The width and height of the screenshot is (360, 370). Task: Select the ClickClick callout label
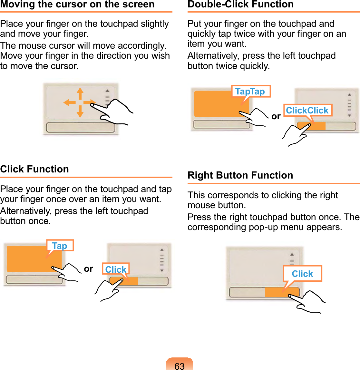click(308, 111)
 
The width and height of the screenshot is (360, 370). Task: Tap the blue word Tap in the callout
click(60, 246)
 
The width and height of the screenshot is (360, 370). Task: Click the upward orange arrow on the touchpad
click(80, 94)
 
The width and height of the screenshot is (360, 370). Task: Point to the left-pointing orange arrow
click(69, 102)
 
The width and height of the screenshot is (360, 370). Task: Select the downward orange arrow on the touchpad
click(80, 112)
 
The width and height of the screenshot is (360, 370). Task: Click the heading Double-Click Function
click(241, 4)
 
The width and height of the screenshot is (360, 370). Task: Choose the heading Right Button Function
click(240, 175)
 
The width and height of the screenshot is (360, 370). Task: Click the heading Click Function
click(34, 169)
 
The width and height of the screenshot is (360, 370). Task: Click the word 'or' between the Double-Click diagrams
click(276, 116)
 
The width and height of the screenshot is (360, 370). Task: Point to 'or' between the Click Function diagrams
click(88, 269)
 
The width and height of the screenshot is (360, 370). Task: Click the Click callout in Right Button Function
click(302, 274)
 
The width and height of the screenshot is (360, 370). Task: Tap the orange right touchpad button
click(282, 292)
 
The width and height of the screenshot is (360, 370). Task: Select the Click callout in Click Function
click(116, 269)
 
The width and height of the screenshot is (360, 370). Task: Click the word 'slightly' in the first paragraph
click(155, 24)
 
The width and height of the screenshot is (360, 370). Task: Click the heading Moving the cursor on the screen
click(77, 4)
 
